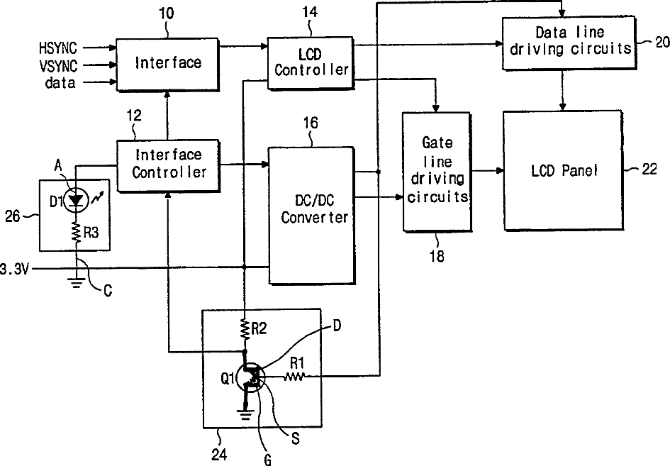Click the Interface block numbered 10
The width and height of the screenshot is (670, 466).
tap(168, 65)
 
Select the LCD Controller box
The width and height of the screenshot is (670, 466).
tap(311, 63)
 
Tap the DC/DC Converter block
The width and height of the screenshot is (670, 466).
tap(311, 216)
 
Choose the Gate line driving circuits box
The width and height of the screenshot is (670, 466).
tap(437, 172)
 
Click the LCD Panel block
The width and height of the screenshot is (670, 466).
tap(563, 170)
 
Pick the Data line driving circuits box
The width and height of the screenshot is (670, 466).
tap(569, 43)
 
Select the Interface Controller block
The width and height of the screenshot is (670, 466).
tap(168, 165)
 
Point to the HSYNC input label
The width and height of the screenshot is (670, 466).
tap(58, 48)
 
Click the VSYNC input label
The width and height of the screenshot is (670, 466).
tap(59, 66)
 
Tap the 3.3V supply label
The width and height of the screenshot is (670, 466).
tap(14, 270)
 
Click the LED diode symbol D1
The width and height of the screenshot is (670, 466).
tap(77, 200)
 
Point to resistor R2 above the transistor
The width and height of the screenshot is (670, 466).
tap(245, 328)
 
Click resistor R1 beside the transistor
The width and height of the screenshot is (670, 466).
tap(294, 377)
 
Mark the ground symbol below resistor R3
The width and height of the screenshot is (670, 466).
tap(77, 283)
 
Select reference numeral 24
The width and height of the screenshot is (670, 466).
tap(219, 454)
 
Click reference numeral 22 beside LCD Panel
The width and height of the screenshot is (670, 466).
tap(649, 170)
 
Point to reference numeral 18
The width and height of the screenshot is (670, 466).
tap(436, 256)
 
